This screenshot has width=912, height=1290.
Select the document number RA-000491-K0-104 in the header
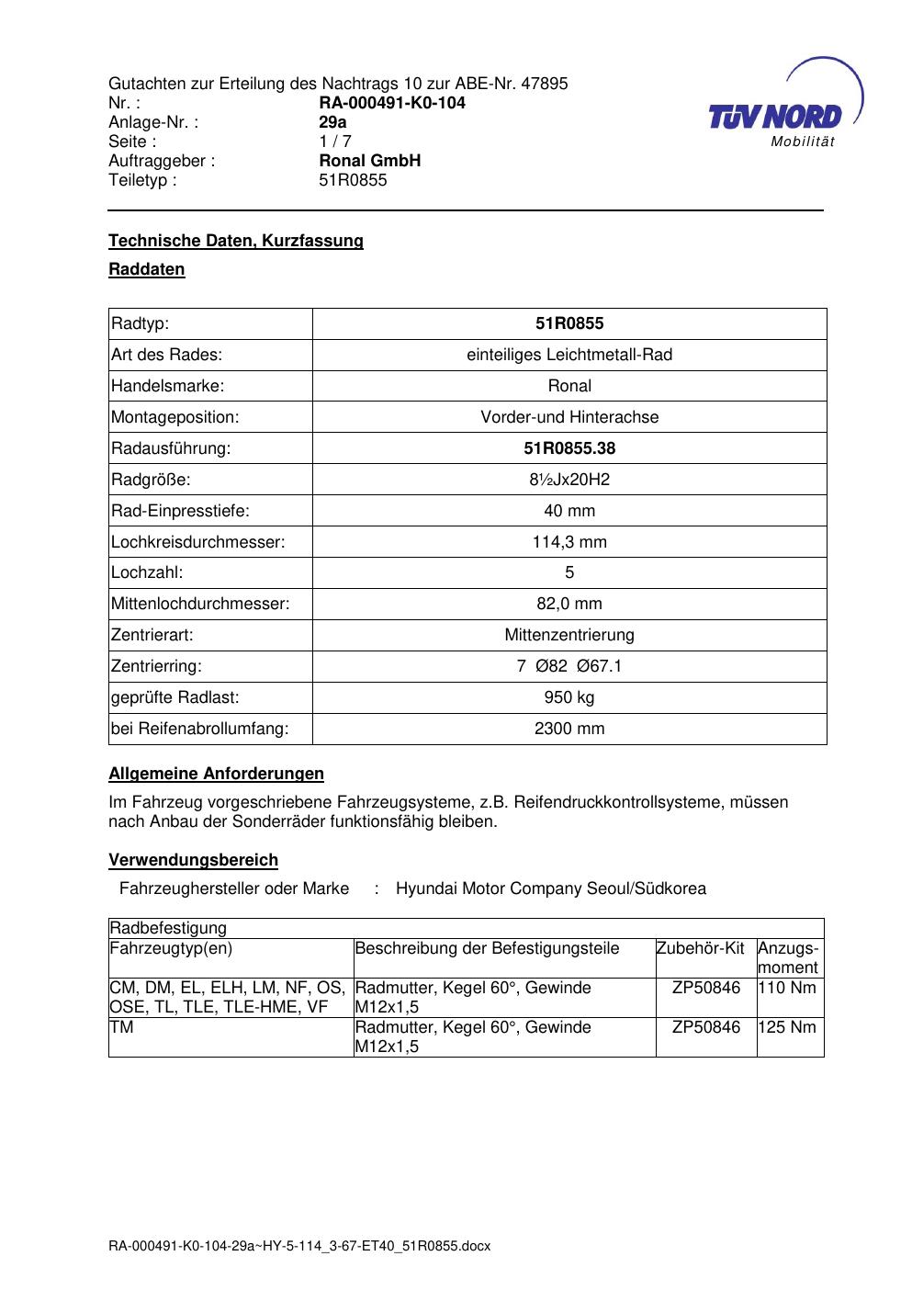pos(391,103)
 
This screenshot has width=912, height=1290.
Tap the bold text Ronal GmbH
pos(369,161)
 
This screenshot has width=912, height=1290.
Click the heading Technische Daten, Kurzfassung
pos(236,241)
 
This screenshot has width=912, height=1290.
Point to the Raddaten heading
pos(147,269)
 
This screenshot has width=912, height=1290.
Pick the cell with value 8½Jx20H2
pos(569,480)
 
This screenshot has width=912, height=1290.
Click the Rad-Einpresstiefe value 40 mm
pos(569,511)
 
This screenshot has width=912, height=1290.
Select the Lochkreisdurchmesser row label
pos(198,542)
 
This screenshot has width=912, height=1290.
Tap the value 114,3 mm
pos(569,542)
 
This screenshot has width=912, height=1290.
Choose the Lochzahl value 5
pos(569,573)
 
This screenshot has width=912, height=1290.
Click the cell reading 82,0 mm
pos(569,605)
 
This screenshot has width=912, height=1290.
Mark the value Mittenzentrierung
pos(569,635)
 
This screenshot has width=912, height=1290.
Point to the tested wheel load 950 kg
pos(569,697)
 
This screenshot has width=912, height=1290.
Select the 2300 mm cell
pos(569,729)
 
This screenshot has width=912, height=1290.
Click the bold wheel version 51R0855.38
pos(569,448)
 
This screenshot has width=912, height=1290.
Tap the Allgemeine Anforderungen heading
pos(216,774)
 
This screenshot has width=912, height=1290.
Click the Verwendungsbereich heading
pos(193,860)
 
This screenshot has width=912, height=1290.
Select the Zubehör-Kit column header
pos(700,948)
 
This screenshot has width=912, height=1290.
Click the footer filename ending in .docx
pos(299,1246)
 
